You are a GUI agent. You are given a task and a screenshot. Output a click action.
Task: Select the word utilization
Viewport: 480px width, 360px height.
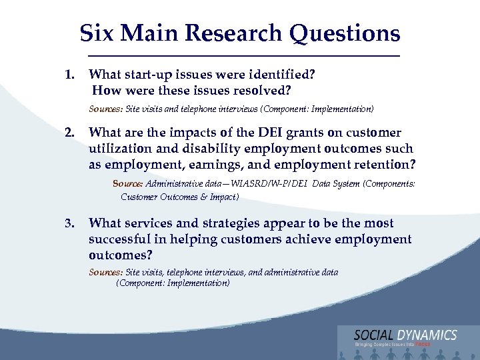(120, 149)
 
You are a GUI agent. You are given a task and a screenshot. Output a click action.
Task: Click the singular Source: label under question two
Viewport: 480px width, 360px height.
(127, 183)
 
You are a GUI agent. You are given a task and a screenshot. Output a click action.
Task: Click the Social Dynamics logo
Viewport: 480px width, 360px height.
(405, 337)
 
